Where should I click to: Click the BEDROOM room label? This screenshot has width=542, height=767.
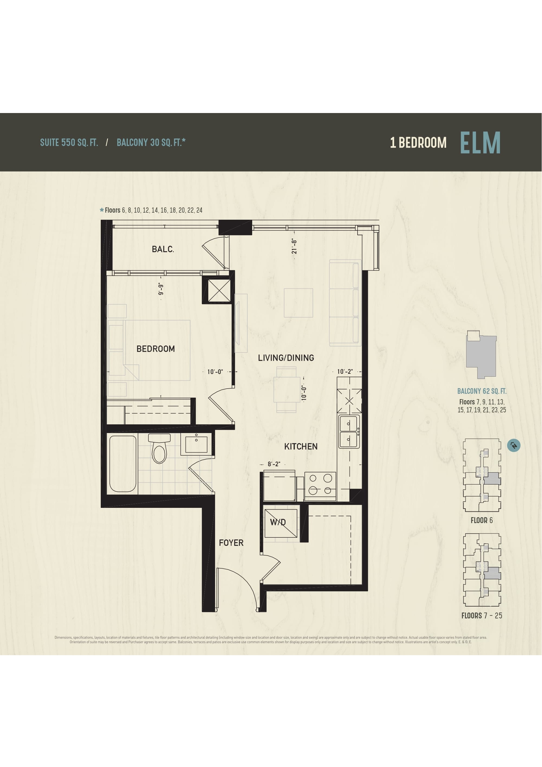pos(156,349)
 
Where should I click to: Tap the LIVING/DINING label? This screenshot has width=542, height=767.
pos(286,358)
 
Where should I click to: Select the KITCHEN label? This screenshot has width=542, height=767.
pos(301,446)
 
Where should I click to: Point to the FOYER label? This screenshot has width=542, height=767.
pos(231,543)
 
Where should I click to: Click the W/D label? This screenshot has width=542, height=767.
pos(278,522)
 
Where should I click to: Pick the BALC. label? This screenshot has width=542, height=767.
pos(163,249)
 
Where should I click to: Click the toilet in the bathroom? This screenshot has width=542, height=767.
pos(159,448)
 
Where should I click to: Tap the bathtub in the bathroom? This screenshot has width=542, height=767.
pos(123,464)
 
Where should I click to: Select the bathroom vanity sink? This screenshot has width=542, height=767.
pos(196,444)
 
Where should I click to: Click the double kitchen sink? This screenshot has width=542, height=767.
pos(349,431)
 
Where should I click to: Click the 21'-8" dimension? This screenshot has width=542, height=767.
pos(294,246)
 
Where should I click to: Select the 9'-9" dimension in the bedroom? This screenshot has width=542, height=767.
pos(161,289)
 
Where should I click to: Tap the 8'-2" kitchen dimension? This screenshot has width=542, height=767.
pos(274,464)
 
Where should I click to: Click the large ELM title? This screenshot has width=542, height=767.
pos(480,142)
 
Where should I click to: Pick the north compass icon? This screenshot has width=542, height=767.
pos(514,445)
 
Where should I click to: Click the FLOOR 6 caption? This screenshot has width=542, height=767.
pos(482,520)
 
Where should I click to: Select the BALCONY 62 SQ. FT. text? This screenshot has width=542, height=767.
pos(482,391)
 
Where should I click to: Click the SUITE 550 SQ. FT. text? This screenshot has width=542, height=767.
pos(69,143)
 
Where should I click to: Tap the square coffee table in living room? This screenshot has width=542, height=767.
pos(298,303)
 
